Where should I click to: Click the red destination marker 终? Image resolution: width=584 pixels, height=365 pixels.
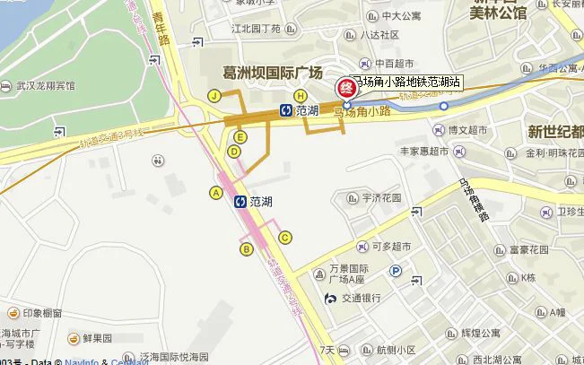click(344, 88)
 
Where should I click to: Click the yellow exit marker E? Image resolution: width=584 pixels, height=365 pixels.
click(240, 136)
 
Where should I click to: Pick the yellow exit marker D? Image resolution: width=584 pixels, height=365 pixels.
click(233, 152)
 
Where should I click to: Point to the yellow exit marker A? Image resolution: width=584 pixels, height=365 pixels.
click(215, 192)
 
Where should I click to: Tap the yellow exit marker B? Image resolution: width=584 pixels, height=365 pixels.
click(246, 248)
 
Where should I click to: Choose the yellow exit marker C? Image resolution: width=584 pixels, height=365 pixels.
click(285, 237)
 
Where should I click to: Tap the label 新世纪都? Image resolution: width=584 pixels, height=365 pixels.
click(554, 132)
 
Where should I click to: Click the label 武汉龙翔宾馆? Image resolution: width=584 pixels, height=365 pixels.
click(44, 86)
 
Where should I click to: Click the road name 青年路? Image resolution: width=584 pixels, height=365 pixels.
click(163, 33)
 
